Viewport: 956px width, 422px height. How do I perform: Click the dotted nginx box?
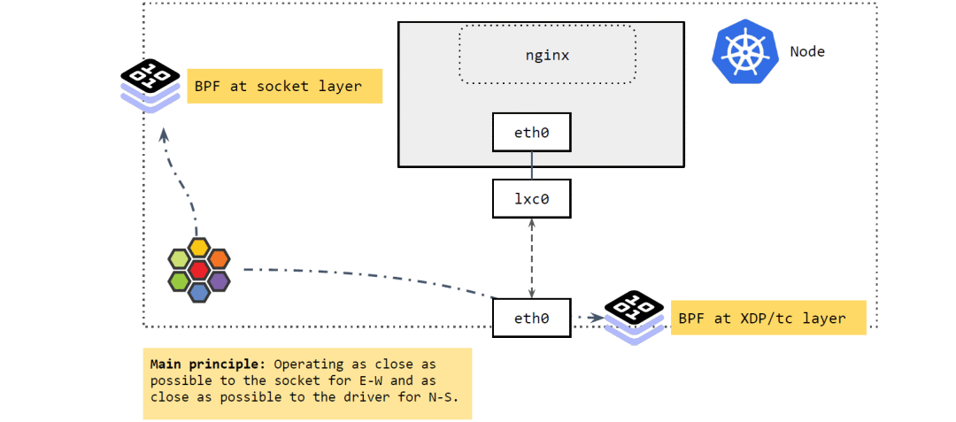(x=547, y=55)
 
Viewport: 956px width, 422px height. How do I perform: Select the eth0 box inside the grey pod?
(x=531, y=135)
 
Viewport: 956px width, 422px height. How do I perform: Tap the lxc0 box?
(x=531, y=198)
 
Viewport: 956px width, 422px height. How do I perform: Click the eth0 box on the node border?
(x=531, y=317)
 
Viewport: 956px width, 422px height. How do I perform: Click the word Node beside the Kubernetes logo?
(x=806, y=51)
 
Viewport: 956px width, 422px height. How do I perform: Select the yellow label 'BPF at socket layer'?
(x=284, y=86)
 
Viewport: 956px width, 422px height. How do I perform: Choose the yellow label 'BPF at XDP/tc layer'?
(x=767, y=318)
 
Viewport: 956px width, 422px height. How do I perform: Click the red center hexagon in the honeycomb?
(x=199, y=268)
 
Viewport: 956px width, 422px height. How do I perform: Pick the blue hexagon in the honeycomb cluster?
(x=199, y=290)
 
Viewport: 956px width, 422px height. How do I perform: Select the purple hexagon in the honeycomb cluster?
(x=219, y=280)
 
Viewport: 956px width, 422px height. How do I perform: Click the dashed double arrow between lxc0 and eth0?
(x=531, y=257)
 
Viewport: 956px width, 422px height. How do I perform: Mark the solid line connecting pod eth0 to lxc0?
(x=531, y=166)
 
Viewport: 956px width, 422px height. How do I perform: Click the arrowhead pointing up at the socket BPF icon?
(x=163, y=134)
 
